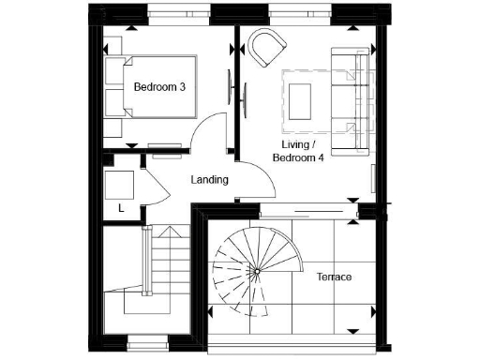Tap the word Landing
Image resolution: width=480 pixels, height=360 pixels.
[x=209, y=179]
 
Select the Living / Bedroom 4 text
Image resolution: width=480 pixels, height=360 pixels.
[x=297, y=151]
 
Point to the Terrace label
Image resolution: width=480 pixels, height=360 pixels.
[x=334, y=277]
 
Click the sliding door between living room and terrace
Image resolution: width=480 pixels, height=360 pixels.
[x=309, y=211]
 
